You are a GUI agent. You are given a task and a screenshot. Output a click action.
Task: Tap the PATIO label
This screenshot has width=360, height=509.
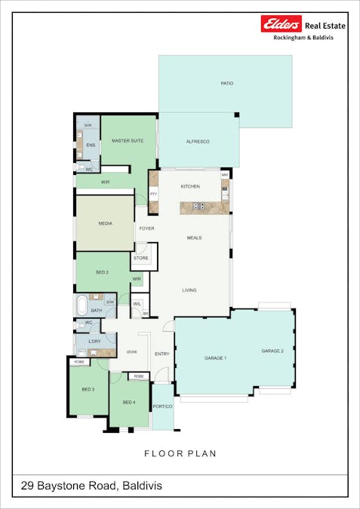coord(226,83)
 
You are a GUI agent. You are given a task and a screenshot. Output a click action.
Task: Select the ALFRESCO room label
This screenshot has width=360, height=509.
coord(198,142)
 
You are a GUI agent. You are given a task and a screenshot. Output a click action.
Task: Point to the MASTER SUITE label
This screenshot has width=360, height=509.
coord(128,140)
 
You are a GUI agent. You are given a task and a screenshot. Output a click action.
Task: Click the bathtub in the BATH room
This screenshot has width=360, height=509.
coord(82,305)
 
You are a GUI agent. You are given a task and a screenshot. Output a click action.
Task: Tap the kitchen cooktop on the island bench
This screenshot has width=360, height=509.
coord(198,206)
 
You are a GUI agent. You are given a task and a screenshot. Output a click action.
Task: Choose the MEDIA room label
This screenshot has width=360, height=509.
coord(106,224)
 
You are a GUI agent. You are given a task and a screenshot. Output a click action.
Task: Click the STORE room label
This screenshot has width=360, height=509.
coord(141,258)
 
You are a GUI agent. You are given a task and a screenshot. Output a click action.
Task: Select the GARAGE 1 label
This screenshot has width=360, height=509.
coord(215,357)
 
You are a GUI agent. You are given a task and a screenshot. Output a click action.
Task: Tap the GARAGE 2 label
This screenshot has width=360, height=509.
coord(272,351)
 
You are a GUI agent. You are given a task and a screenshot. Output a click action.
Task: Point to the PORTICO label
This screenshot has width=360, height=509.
coord(162,406)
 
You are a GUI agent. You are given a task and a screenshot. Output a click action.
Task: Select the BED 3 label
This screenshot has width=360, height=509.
coord(88,389)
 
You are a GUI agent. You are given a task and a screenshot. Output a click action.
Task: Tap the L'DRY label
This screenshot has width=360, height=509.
coord(94,342)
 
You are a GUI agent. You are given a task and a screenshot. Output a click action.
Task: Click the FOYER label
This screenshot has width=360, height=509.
coord(146,228)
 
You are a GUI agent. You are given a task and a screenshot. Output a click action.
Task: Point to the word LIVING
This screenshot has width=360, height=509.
coord(189,290)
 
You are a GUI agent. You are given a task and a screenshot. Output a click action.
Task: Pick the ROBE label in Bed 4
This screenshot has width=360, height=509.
coord(139,376)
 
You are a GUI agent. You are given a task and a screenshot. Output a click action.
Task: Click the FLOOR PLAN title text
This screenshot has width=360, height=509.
coord(180,453)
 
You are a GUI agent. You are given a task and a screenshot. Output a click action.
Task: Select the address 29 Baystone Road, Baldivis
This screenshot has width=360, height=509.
coord(91,486)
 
